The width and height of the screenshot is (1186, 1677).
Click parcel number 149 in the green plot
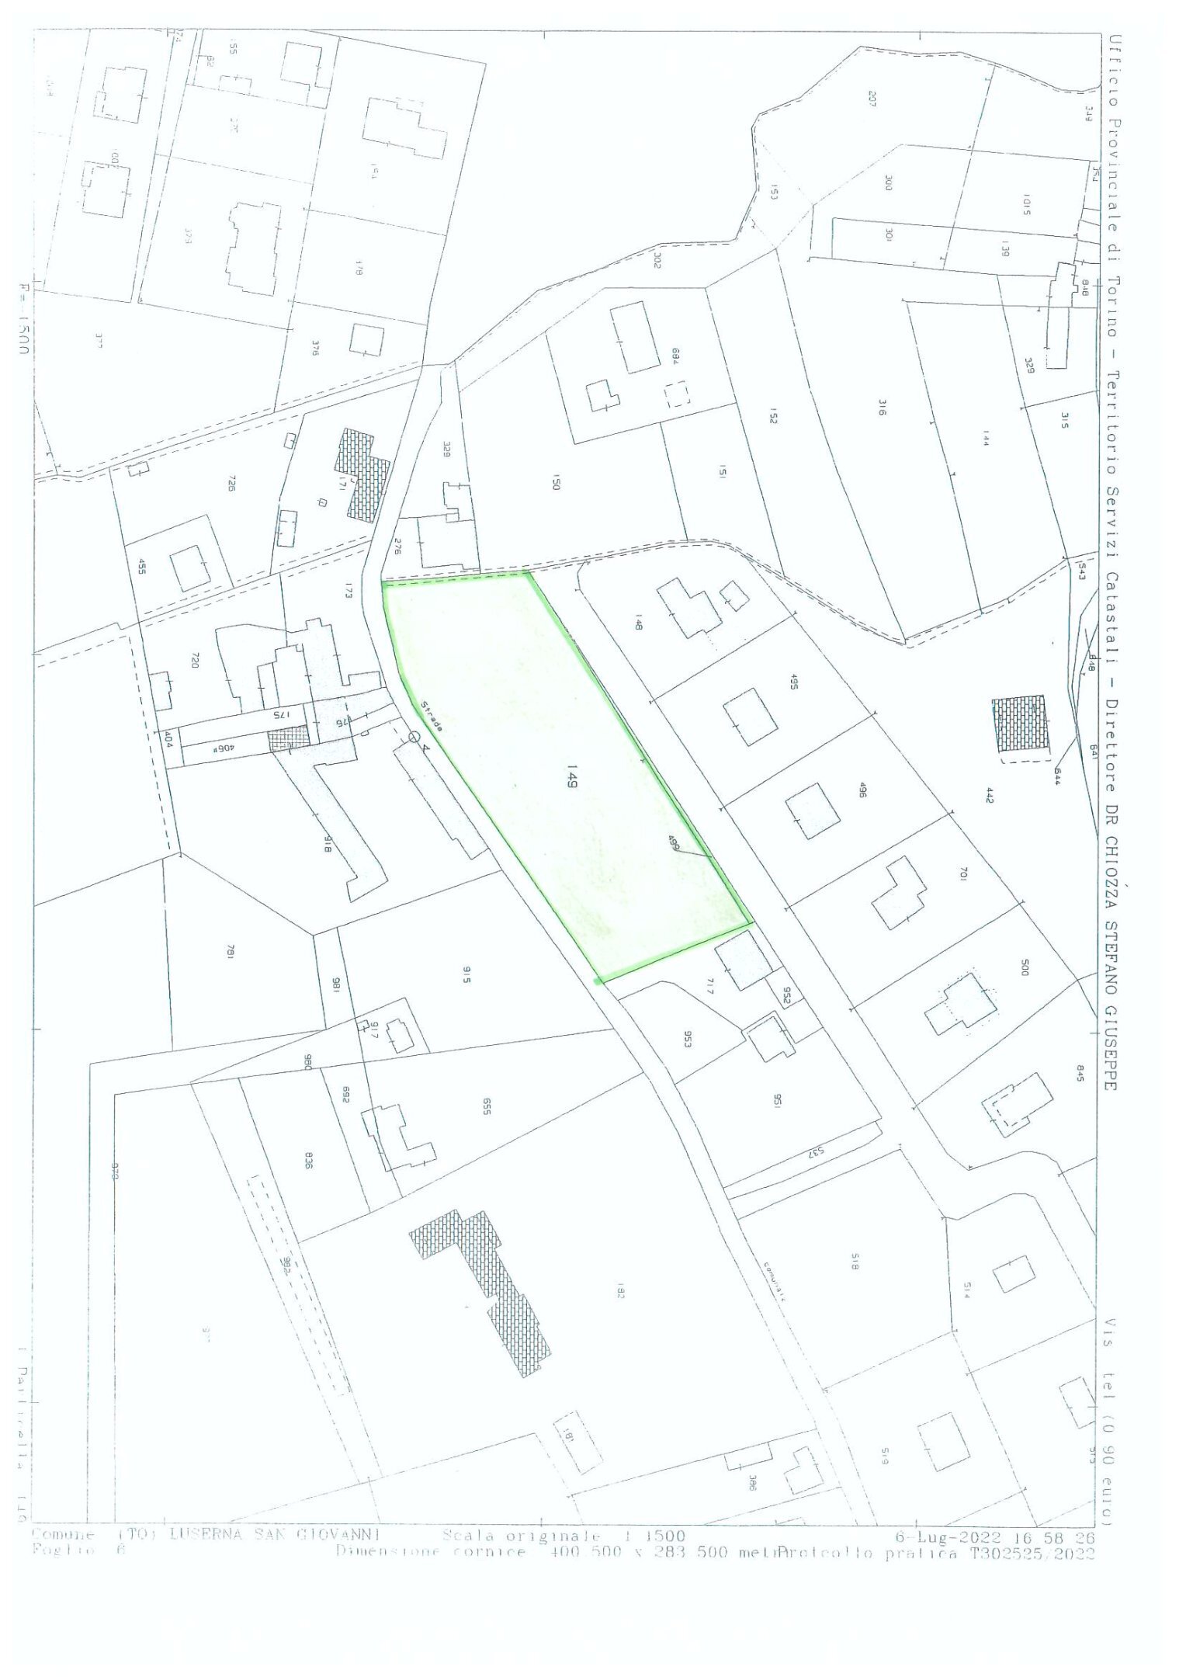571,776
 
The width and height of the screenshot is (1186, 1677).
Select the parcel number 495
792,682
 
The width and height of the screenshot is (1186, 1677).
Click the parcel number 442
988,795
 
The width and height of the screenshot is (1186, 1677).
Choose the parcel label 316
882,408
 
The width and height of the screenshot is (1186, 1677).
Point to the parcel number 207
872,99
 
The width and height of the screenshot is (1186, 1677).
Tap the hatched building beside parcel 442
1020,724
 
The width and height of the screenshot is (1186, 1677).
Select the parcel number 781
230,953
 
